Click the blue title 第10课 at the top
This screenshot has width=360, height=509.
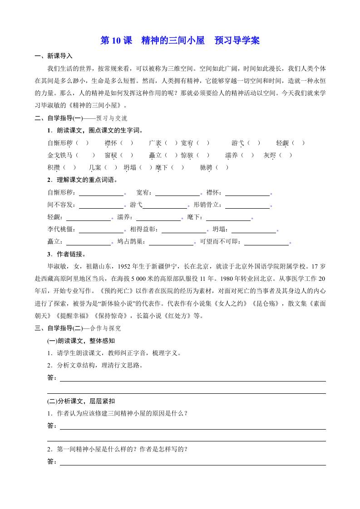[116, 41]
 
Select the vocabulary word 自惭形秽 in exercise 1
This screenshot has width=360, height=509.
[59, 143]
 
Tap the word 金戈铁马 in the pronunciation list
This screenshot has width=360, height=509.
[59, 156]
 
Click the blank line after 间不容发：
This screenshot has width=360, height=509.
[101, 205]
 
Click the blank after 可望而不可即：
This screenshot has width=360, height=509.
[266, 242]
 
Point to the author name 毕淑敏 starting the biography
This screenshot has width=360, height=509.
[56, 266]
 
